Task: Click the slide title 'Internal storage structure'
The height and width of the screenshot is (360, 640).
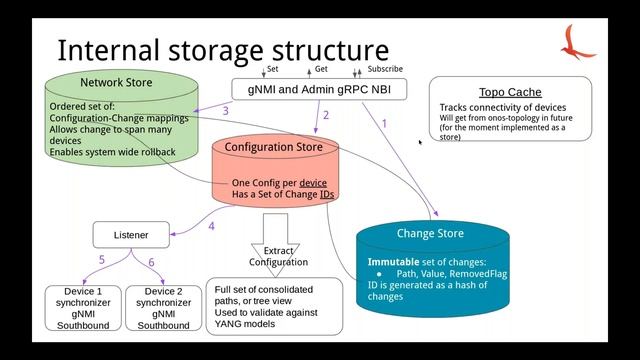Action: click(x=222, y=50)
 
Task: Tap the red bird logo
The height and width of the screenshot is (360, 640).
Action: click(x=578, y=42)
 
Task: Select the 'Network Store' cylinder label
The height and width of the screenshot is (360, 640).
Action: click(x=116, y=82)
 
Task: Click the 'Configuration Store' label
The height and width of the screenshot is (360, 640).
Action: click(x=273, y=147)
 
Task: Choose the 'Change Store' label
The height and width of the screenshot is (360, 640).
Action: click(x=430, y=234)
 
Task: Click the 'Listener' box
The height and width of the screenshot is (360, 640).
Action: click(x=130, y=235)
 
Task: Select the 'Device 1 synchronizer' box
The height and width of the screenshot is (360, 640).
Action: click(x=82, y=308)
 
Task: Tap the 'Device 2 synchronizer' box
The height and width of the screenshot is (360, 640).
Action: click(x=163, y=308)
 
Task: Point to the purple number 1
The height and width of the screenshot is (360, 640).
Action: click(x=384, y=122)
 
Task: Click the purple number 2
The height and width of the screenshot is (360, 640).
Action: click(x=325, y=115)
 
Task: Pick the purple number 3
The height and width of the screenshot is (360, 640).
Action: click(x=225, y=110)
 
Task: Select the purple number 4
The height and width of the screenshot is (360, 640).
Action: click(x=211, y=226)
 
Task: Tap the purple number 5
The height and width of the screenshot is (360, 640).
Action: click(x=101, y=261)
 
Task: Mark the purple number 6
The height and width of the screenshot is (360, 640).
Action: click(x=152, y=261)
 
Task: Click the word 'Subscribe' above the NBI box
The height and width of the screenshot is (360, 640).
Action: click(x=385, y=69)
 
